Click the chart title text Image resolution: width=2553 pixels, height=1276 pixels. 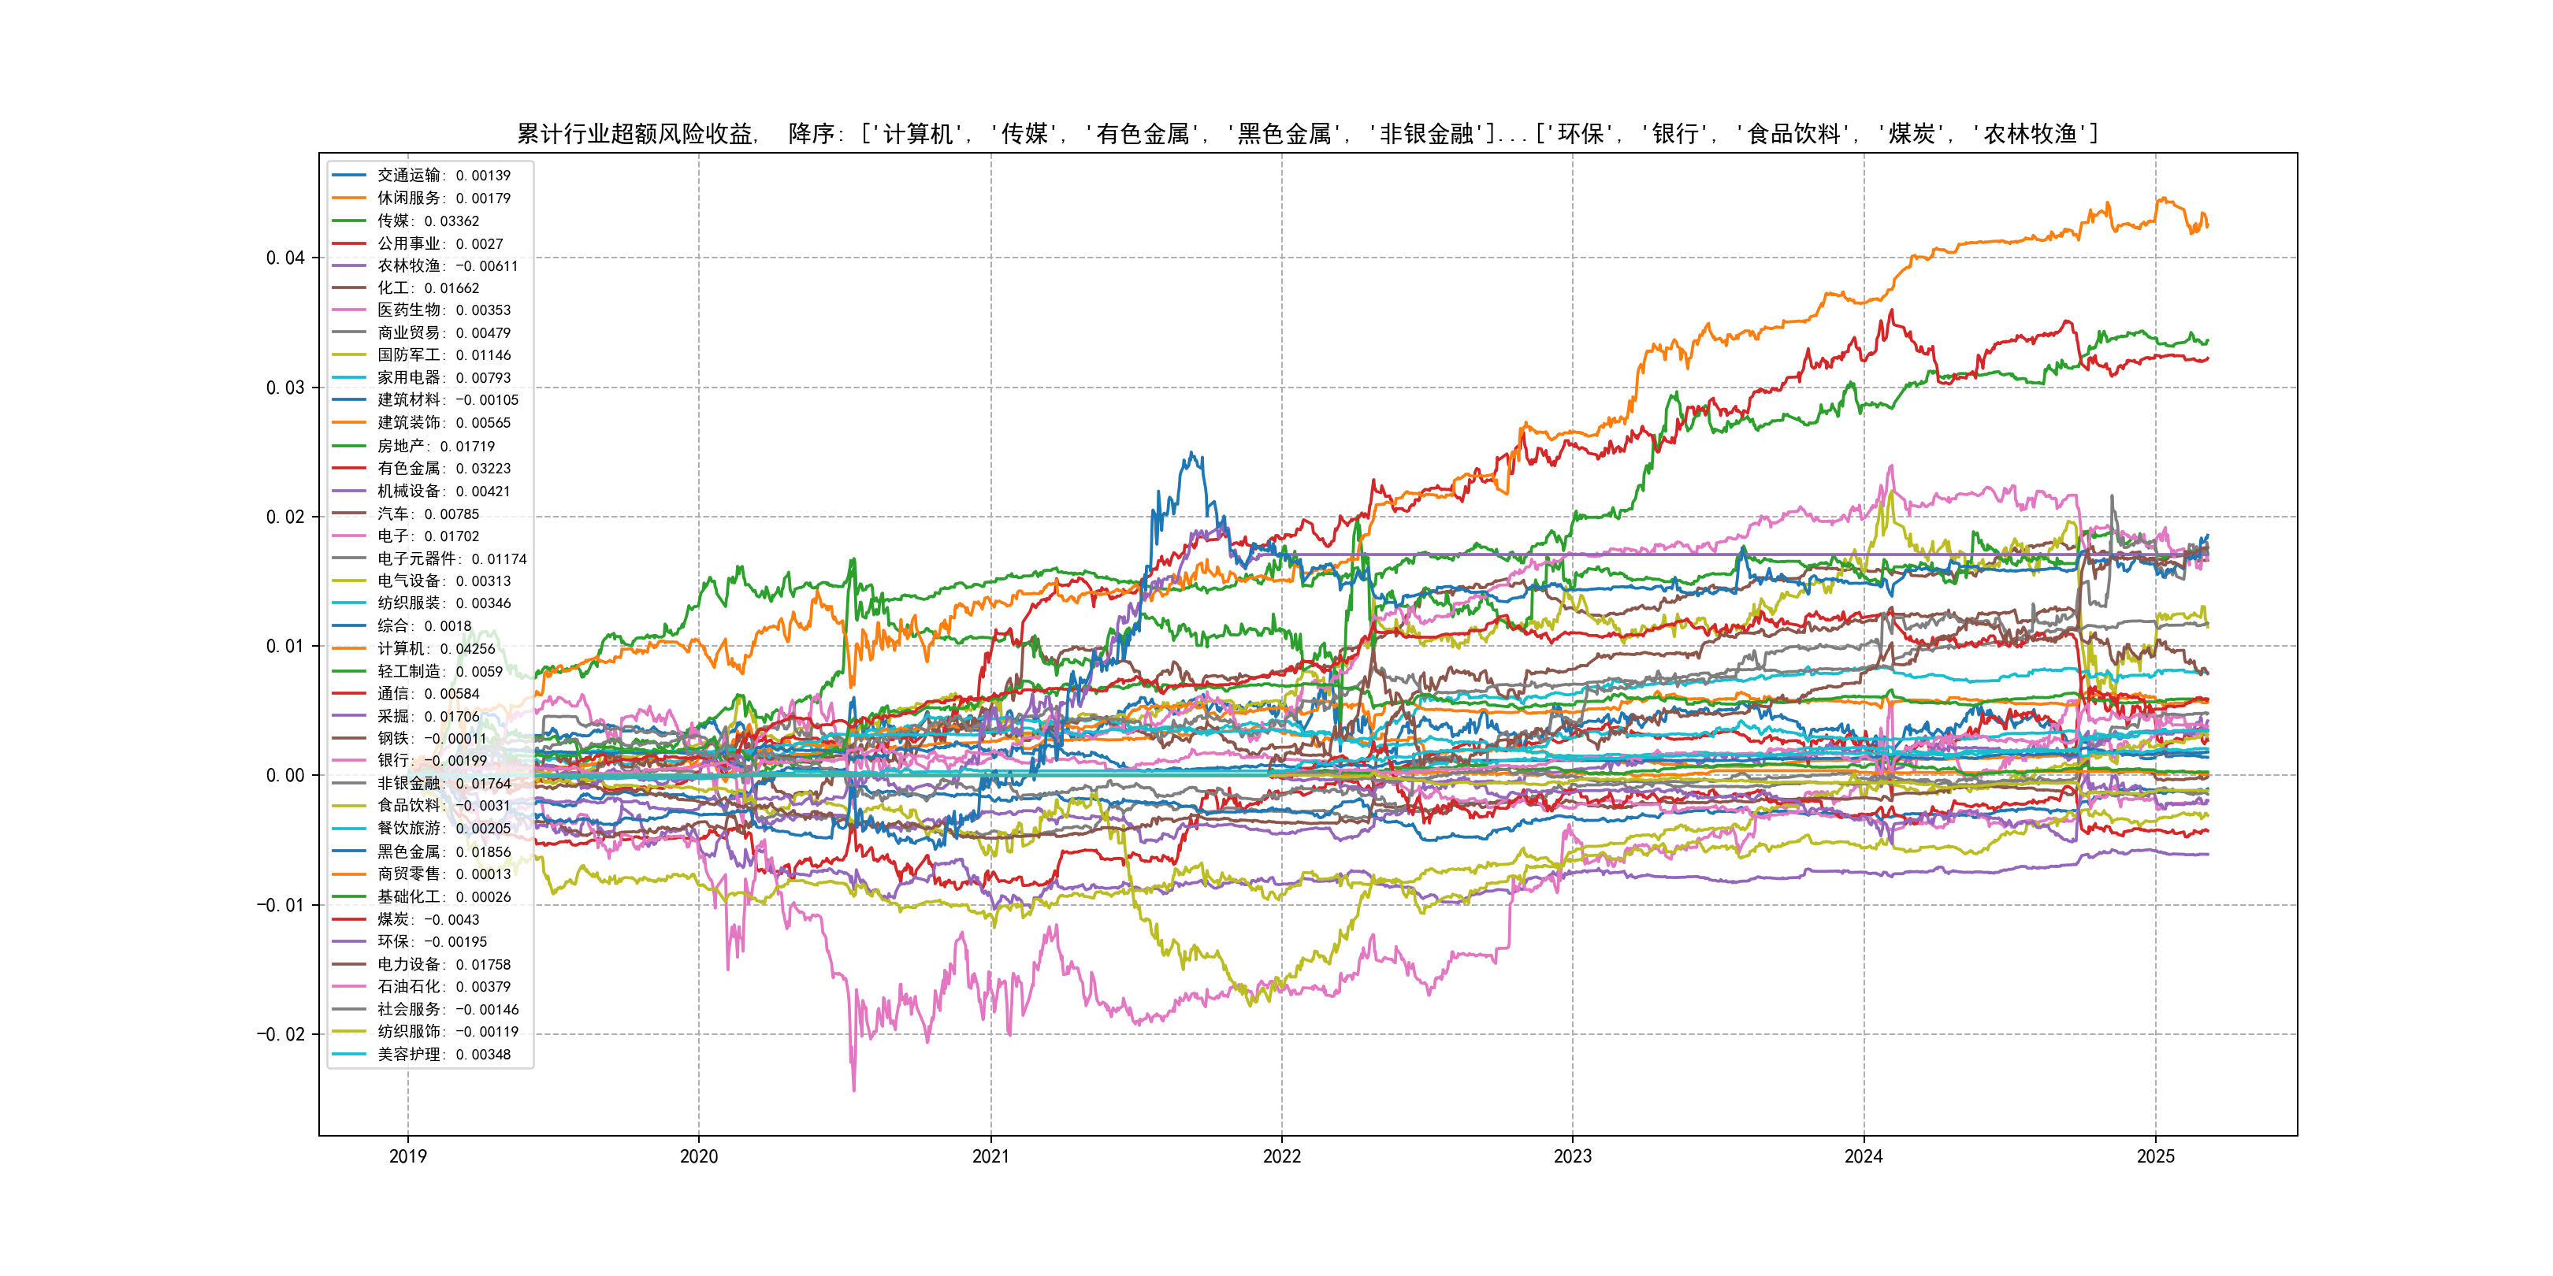1306,134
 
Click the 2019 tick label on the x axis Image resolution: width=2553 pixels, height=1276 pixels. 407,1156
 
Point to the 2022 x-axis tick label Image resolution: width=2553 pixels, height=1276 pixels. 1281,1156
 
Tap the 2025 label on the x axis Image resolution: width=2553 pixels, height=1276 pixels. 2154,1156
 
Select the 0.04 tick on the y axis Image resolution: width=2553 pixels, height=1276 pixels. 284,258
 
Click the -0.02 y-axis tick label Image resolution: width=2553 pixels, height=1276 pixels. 281,1034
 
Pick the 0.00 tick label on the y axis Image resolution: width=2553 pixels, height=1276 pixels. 284,776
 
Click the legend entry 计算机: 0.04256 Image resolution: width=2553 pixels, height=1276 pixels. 435,649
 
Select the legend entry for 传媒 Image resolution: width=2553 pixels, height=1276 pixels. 427,221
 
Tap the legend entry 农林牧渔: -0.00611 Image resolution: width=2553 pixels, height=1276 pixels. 447,265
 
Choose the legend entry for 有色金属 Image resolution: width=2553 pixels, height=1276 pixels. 443,469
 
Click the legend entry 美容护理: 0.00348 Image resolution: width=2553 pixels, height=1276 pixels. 443,1054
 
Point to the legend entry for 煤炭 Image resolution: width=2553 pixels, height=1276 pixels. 427,919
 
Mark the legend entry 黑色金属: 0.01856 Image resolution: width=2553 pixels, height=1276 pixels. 443,852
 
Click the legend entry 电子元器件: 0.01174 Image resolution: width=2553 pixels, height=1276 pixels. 451,558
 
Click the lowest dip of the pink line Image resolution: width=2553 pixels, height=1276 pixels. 854,1091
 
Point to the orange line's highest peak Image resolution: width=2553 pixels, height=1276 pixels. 2162,198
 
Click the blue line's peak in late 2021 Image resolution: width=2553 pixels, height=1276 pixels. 1193,454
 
